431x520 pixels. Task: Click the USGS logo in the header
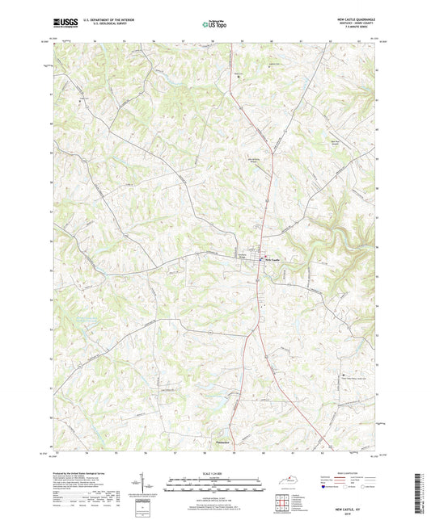[x=65, y=19]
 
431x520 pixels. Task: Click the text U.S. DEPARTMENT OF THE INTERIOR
[x=111, y=17]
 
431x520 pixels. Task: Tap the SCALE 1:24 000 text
[x=214, y=474]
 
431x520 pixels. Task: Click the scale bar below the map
[x=214, y=486]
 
